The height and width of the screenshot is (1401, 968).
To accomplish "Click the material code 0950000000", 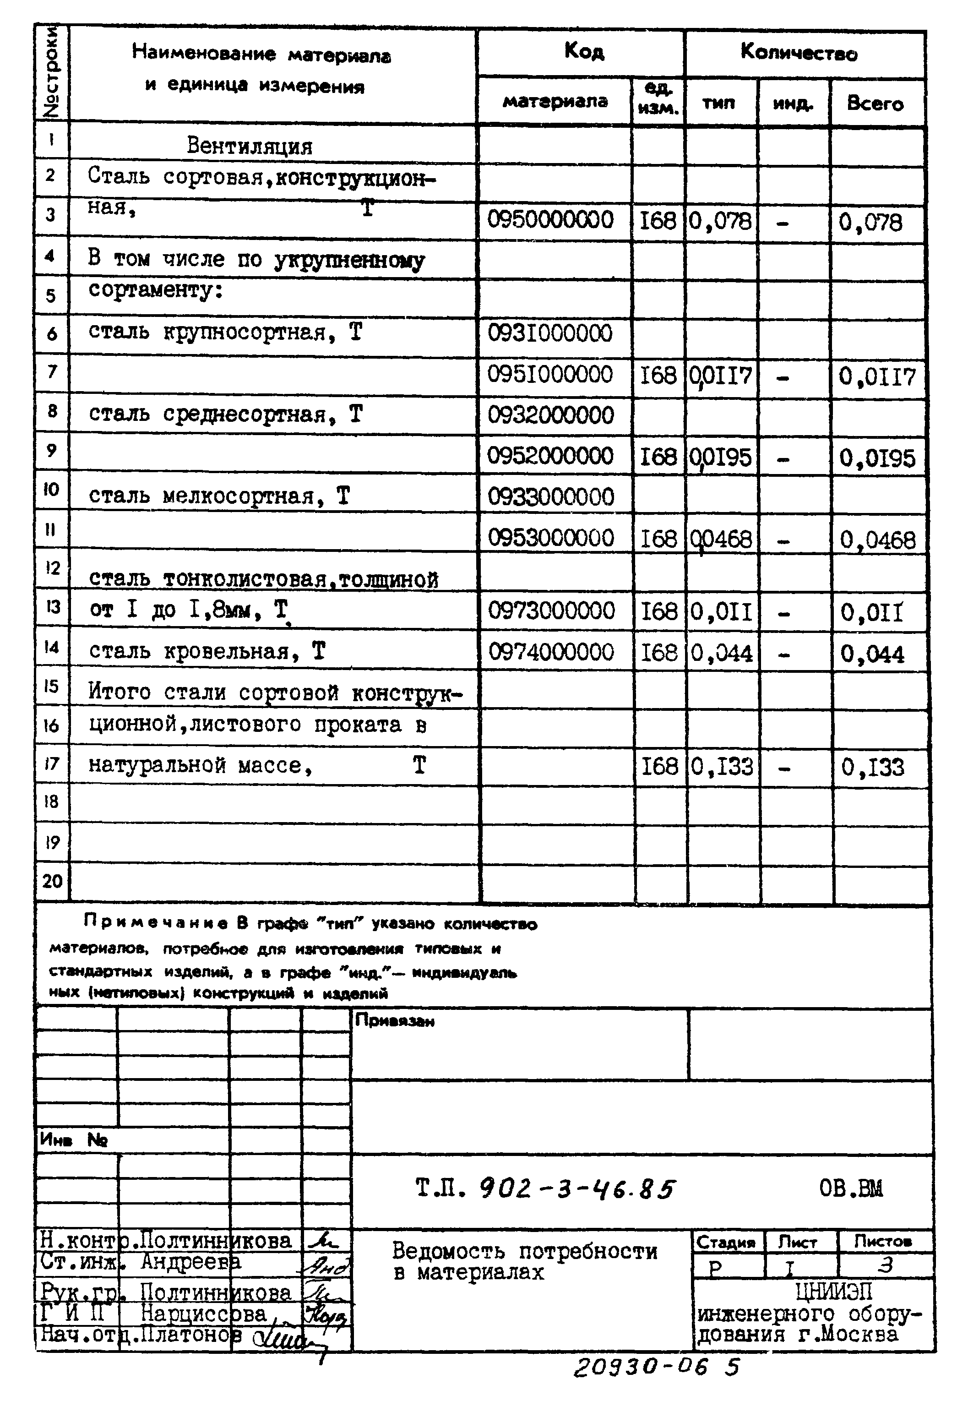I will point(550,219).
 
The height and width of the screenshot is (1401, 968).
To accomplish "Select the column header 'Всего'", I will point(875,104).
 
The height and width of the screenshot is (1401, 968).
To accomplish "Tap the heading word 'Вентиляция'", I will point(249,146).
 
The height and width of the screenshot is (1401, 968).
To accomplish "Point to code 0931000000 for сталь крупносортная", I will point(550,333).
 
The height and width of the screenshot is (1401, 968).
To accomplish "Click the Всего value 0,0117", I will point(876,377).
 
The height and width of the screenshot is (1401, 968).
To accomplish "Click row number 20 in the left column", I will point(52,881).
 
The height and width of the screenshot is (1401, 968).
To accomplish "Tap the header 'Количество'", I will point(798,54).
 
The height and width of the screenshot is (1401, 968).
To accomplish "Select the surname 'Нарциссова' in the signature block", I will point(204,1314).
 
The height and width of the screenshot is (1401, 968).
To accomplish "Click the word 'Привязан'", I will point(394,1021).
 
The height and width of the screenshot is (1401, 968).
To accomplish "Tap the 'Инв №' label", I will point(73,1139).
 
